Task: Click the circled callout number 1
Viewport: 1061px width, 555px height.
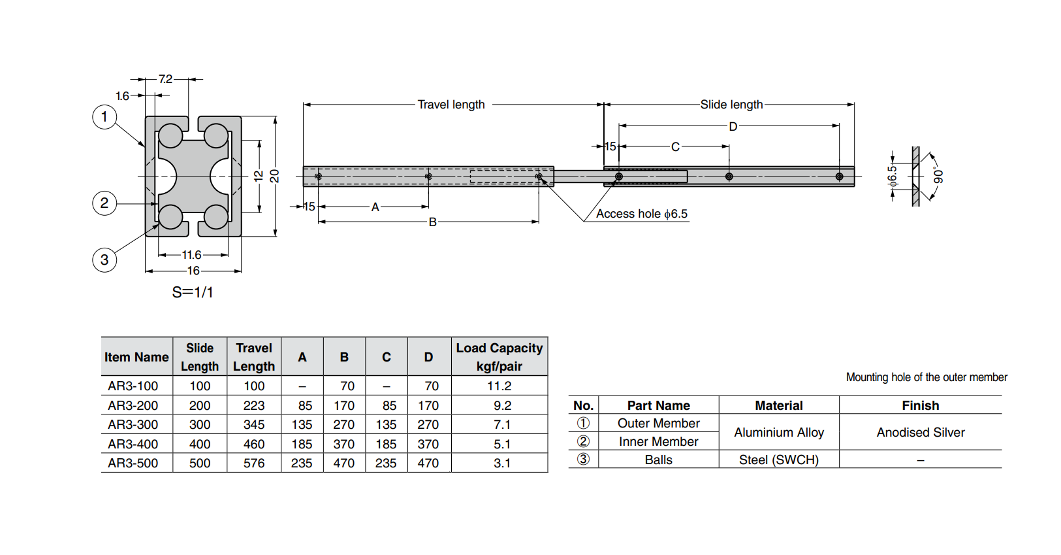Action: [x=104, y=117]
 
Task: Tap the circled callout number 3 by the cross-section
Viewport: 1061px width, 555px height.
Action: [x=104, y=260]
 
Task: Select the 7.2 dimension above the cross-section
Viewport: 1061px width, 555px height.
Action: [x=166, y=79]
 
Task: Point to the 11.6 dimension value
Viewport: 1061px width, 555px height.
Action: [x=191, y=255]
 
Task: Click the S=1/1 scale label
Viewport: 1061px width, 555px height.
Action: [x=193, y=292]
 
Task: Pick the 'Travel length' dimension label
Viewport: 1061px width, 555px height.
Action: [x=451, y=105]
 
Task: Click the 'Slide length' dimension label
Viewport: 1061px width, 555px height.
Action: [x=731, y=105]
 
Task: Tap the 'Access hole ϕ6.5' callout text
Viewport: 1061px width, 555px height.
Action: [x=641, y=214]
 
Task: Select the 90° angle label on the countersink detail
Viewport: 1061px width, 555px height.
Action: [x=938, y=176]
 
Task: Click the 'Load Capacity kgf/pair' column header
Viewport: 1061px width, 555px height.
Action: [x=499, y=357]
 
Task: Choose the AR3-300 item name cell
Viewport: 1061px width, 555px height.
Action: [x=133, y=424]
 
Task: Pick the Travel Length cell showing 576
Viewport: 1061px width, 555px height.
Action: [x=254, y=463]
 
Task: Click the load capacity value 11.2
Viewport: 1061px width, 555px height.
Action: [x=499, y=386]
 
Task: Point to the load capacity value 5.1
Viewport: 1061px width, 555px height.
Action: [x=502, y=444]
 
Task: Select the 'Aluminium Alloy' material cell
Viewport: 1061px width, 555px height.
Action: [x=779, y=432]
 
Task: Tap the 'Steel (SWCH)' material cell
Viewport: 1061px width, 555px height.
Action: [x=779, y=460]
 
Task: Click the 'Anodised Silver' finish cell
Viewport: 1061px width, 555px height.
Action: [x=921, y=432]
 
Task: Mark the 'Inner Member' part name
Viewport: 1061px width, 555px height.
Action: [x=658, y=441]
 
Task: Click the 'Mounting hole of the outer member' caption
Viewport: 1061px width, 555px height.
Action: [x=926, y=377]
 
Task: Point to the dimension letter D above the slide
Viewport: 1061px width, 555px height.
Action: [x=733, y=126]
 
